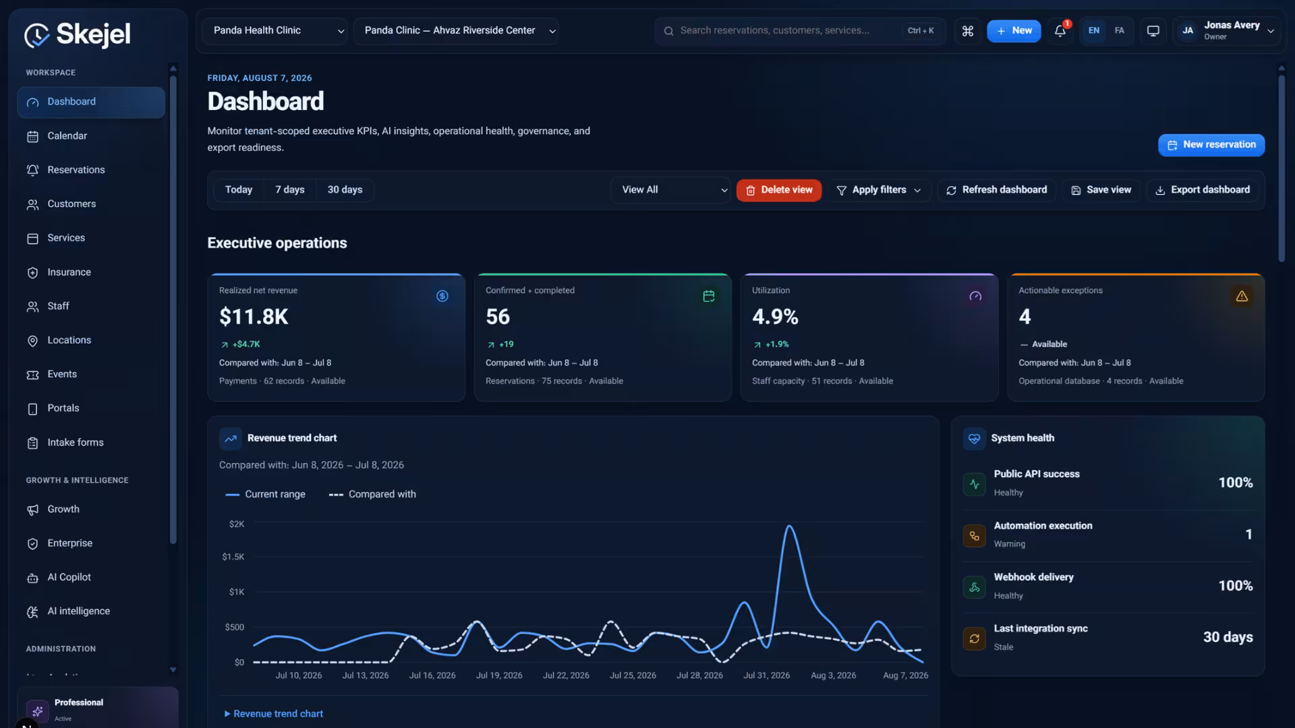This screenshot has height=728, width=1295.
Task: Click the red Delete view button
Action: (x=779, y=190)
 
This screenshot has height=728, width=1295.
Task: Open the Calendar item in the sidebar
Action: (x=67, y=136)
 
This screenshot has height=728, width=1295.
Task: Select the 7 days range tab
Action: (x=289, y=190)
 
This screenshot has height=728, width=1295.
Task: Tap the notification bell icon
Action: (x=1060, y=31)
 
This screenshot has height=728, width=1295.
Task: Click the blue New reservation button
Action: (x=1211, y=145)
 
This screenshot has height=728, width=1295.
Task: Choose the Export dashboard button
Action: (x=1203, y=190)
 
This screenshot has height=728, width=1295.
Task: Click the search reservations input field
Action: (x=789, y=31)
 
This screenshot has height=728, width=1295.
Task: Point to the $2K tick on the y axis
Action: (x=237, y=524)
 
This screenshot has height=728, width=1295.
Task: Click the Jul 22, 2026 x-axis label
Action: (x=566, y=675)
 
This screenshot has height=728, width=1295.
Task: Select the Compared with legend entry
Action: (x=372, y=495)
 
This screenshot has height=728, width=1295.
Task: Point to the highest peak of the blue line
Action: (x=789, y=526)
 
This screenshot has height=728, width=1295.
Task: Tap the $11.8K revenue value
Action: (x=254, y=317)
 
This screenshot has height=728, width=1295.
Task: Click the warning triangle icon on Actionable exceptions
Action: (x=1242, y=297)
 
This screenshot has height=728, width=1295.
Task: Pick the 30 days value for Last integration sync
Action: (x=1228, y=638)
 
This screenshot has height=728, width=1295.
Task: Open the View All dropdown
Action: (x=670, y=190)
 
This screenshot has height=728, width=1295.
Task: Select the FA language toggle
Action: (x=1120, y=31)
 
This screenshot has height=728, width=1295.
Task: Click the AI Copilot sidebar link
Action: (x=69, y=578)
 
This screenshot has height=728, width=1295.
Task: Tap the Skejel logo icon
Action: (x=36, y=35)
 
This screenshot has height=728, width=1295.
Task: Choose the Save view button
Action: (x=1101, y=190)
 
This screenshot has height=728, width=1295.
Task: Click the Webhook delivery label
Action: (x=1033, y=578)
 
